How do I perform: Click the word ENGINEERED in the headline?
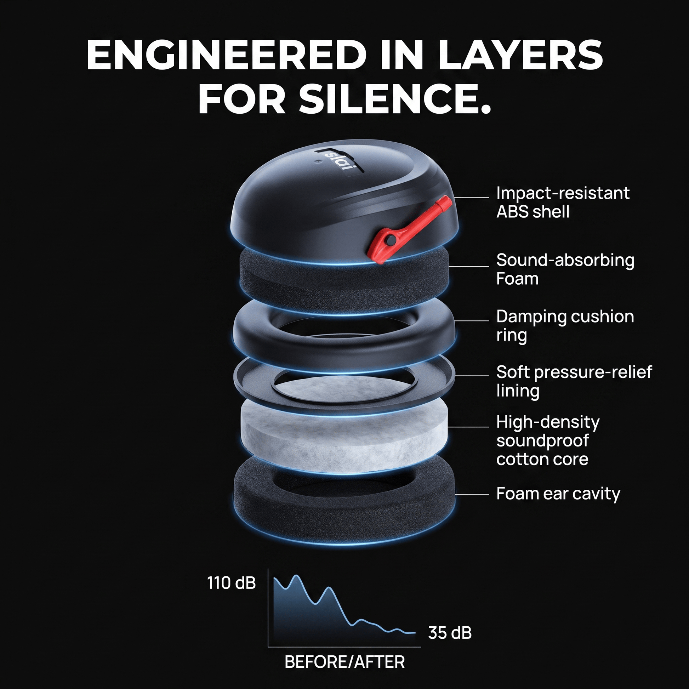pyautogui.click(x=227, y=55)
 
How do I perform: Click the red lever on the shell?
pyautogui.click(x=410, y=229)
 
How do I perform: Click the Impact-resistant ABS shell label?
pyautogui.click(x=563, y=202)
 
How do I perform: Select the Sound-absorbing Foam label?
pyautogui.click(x=565, y=269)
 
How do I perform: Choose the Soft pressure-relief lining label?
pyautogui.click(x=574, y=381)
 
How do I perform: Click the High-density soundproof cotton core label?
pyautogui.click(x=548, y=441)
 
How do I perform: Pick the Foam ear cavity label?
pyautogui.click(x=558, y=494)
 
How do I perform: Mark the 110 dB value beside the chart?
pyautogui.click(x=232, y=583)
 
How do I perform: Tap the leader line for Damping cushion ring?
pyautogui.click(x=472, y=321)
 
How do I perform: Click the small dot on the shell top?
pyautogui.click(x=317, y=161)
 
